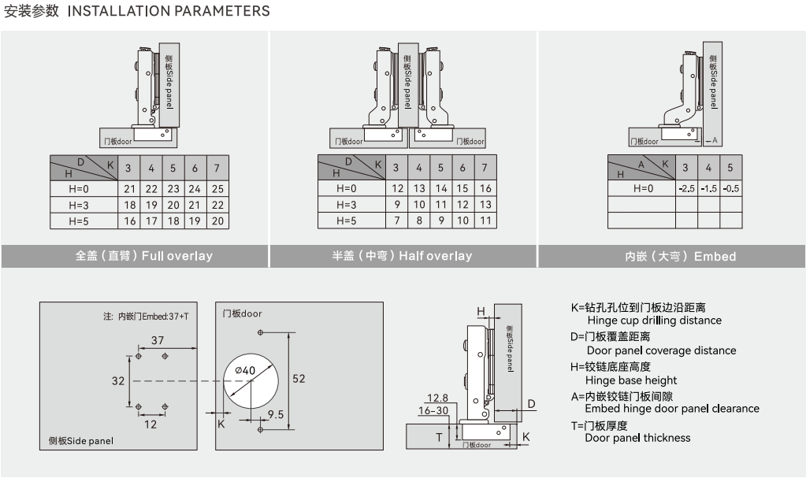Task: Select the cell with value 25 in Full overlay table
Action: coord(217,189)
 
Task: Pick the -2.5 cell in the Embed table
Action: coord(685,189)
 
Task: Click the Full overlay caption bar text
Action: coord(144,256)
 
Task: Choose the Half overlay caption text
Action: coord(402,256)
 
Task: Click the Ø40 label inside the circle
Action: coord(245,370)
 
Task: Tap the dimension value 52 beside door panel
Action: coord(299,379)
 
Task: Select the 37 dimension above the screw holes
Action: coord(158,340)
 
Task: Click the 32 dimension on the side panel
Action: coord(118,381)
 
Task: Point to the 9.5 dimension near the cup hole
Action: coord(275,414)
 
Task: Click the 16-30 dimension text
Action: coord(433,410)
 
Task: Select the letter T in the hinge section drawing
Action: coord(439,437)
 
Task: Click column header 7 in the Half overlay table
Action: coord(485,168)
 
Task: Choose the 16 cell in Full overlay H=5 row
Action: coord(129,221)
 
